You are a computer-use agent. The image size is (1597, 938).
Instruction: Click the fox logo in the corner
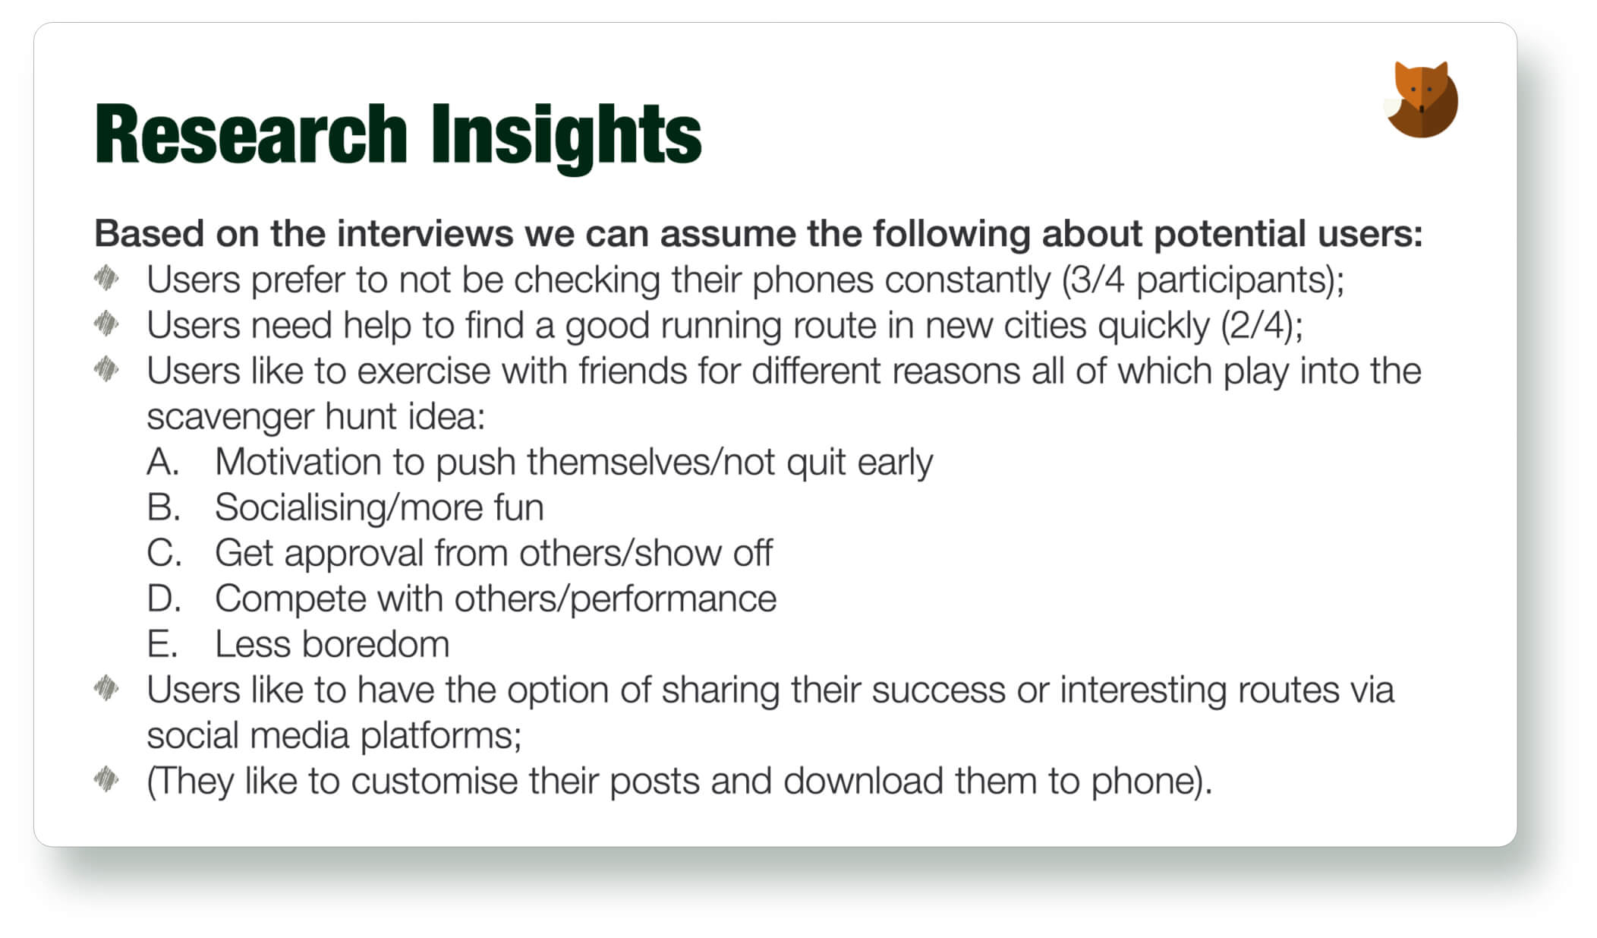coord(1422,99)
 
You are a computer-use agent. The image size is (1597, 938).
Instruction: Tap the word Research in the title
coord(251,134)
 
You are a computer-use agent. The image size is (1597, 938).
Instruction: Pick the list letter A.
coord(162,462)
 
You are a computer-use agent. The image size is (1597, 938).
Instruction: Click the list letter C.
coord(164,553)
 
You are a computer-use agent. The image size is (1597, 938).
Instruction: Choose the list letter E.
coord(162,644)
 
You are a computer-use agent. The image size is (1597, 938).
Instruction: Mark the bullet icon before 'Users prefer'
coord(106,278)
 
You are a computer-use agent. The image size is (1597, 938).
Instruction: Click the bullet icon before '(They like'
coord(106,779)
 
